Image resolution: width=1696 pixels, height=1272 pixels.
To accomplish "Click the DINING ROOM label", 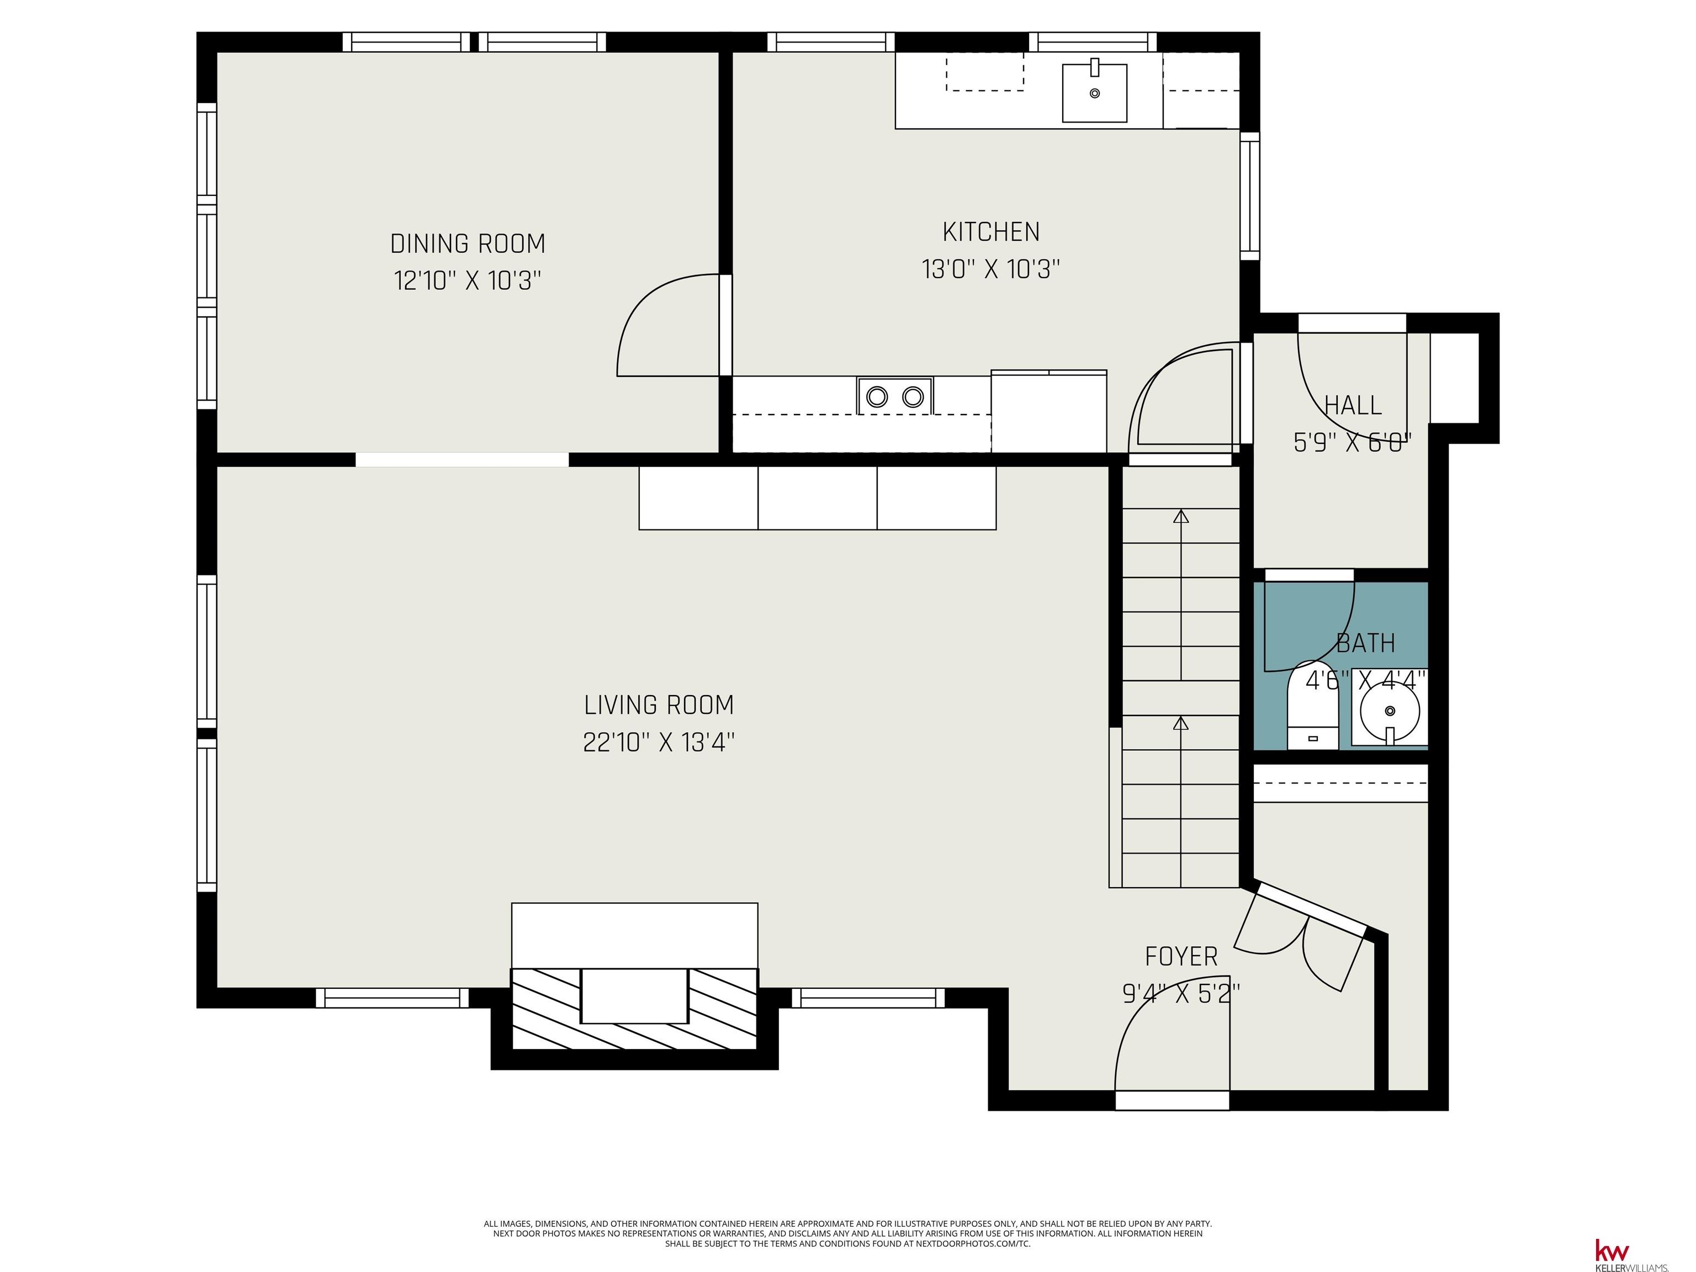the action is pyautogui.click(x=468, y=244).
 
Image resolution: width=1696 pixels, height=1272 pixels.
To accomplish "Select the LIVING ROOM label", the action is pyautogui.click(x=659, y=704).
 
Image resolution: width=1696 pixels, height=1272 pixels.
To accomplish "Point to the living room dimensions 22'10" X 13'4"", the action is pyautogui.click(x=659, y=742).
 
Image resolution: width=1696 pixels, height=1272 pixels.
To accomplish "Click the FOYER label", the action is pyautogui.click(x=1181, y=956).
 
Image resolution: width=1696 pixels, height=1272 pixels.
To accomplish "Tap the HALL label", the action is pyautogui.click(x=1353, y=405).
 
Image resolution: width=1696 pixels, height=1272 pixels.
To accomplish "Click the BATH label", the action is pyautogui.click(x=1365, y=643).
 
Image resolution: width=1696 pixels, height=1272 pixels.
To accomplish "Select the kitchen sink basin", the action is pyautogui.click(x=1094, y=93).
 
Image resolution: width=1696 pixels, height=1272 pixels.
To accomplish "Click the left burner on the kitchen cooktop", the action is pyautogui.click(x=877, y=396).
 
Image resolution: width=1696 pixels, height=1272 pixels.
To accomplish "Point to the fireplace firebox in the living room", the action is pyautogui.click(x=634, y=996).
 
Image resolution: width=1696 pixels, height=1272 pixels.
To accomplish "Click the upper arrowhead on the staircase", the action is pyautogui.click(x=1181, y=516).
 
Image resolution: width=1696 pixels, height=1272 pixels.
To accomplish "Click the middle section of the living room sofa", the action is pyautogui.click(x=817, y=497).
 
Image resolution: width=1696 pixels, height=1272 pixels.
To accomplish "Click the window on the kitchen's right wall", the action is pyautogui.click(x=1250, y=195).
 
